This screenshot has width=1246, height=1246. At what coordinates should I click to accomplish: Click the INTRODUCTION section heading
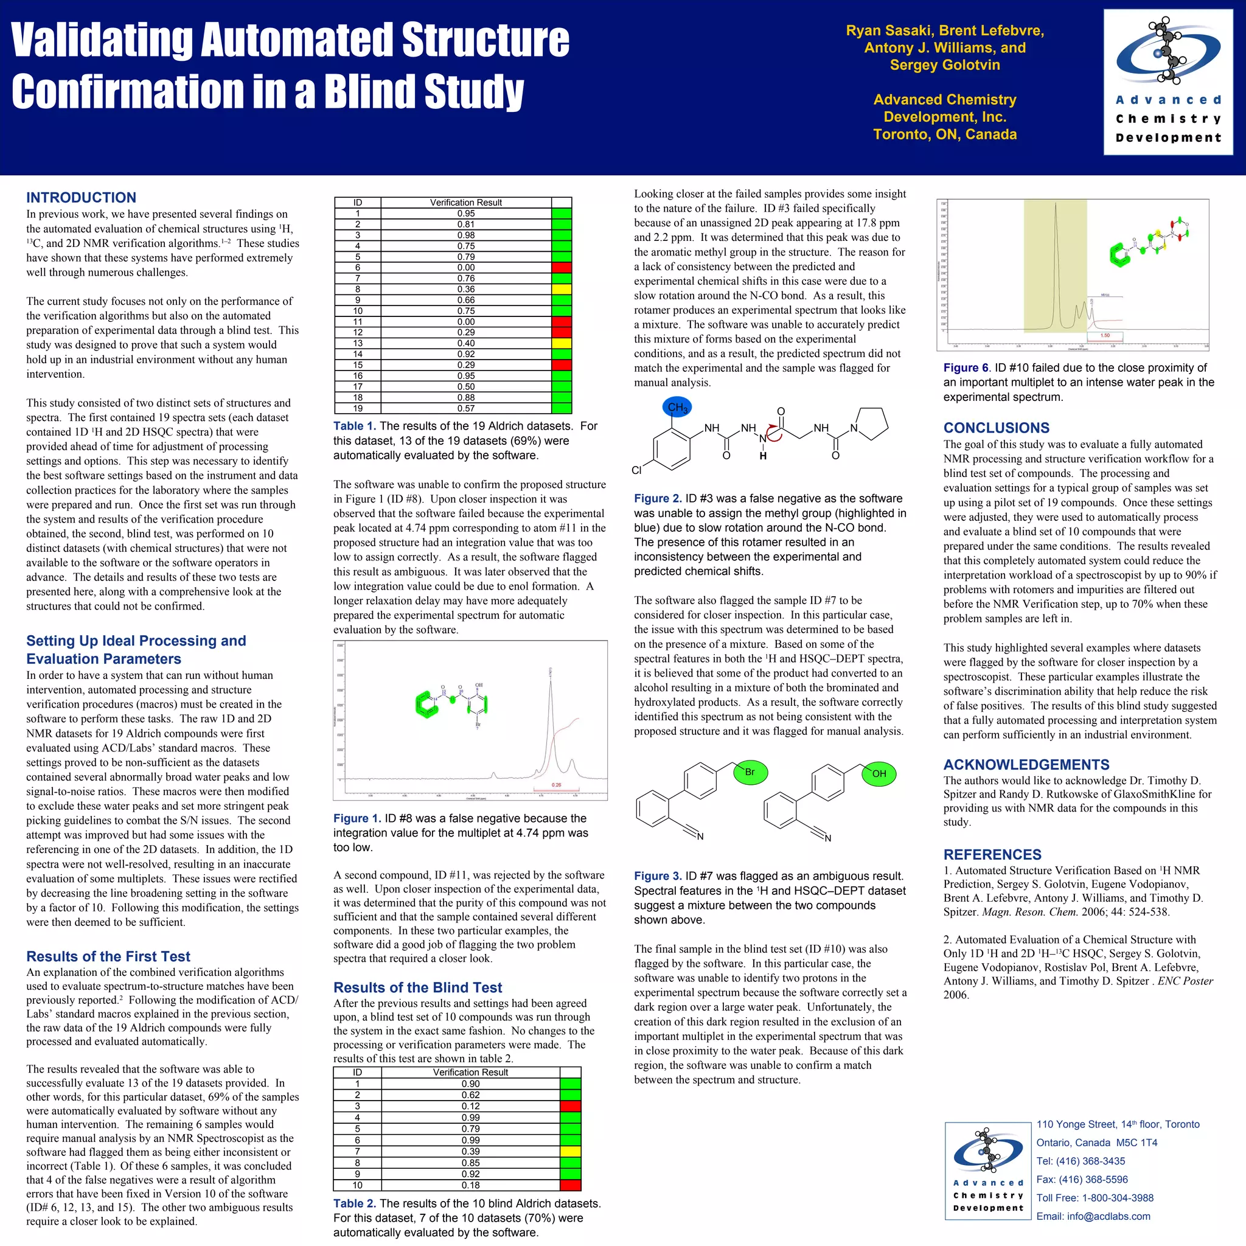[x=82, y=197]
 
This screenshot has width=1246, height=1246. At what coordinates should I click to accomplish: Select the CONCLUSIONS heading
[x=997, y=428]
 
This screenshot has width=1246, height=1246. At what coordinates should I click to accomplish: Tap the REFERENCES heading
[x=992, y=855]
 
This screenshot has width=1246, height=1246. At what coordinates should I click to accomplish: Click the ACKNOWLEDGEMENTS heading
[x=1026, y=764]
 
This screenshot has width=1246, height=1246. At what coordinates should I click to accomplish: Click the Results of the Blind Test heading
[x=417, y=987]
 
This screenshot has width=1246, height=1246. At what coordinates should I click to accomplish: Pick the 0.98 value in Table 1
[x=465, y=235]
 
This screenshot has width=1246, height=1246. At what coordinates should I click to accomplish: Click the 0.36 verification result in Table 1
[x=465, y=290]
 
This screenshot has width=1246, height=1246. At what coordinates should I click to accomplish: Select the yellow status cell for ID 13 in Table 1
[x=561, y=344]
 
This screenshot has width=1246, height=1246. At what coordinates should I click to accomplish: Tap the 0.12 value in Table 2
[x=470, y=1106]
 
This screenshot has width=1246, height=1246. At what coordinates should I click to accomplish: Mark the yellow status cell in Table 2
[x=570, y=1151]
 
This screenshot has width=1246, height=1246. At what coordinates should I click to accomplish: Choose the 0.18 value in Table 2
[x=470, y=1185]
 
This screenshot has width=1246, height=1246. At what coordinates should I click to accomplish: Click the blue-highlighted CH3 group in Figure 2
[x=677, y=407]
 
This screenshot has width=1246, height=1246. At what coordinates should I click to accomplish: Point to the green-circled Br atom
[x=750, y=772]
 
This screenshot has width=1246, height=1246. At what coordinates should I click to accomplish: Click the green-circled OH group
[x=879, y=773]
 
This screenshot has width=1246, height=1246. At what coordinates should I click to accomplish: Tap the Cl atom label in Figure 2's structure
[x=637, y=470]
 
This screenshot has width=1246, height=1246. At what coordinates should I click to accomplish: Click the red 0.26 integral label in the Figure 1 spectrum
[x=556, y=785]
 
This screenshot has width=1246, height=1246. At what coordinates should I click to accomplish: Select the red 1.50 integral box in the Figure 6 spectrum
[x=1105, y=335]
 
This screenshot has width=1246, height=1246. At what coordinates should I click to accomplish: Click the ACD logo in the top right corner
[x=1168, y=82]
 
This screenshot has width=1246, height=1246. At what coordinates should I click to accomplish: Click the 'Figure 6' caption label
[x=966, y=367]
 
